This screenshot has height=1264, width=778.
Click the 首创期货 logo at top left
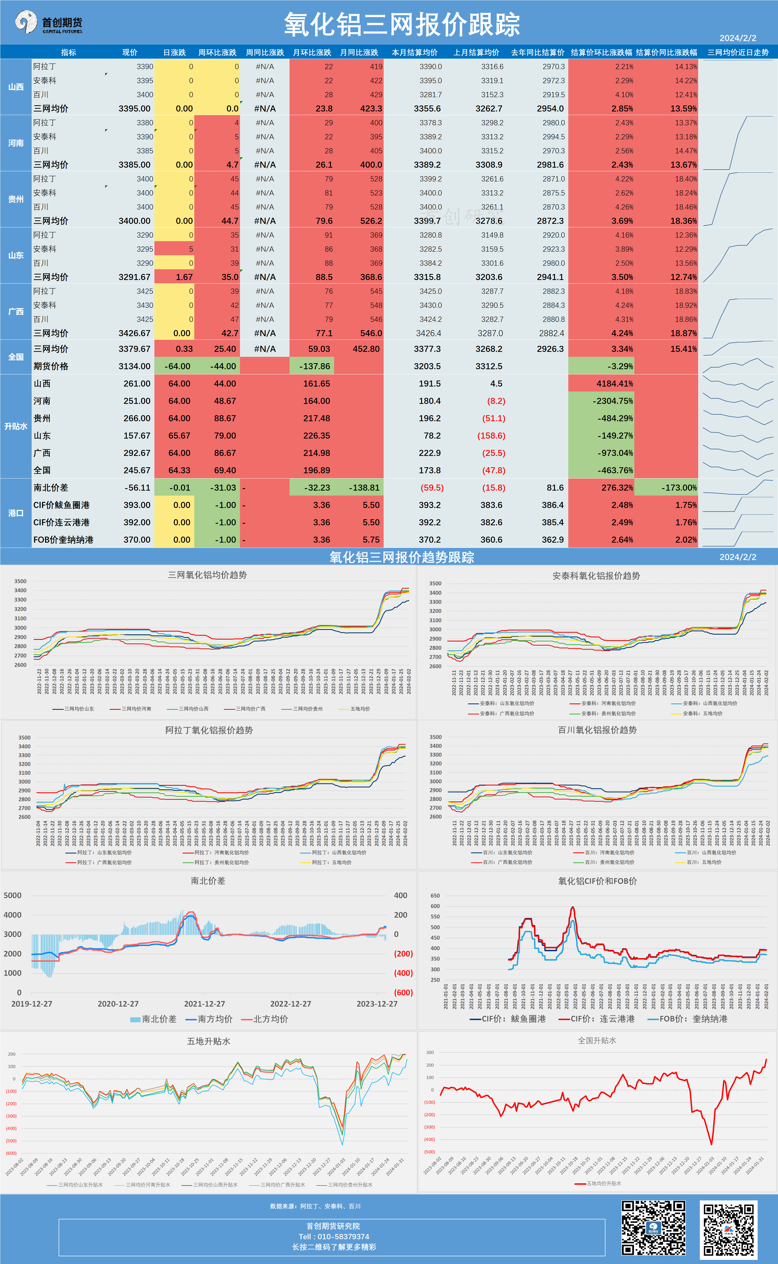[x=49, y=23]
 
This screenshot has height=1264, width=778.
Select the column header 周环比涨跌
[x=217, y=53]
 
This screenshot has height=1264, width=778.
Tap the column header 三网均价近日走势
[x=738, y=53]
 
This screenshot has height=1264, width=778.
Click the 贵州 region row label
[x=16, y=199]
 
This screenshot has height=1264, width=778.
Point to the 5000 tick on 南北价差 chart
[x=13, y=896]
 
